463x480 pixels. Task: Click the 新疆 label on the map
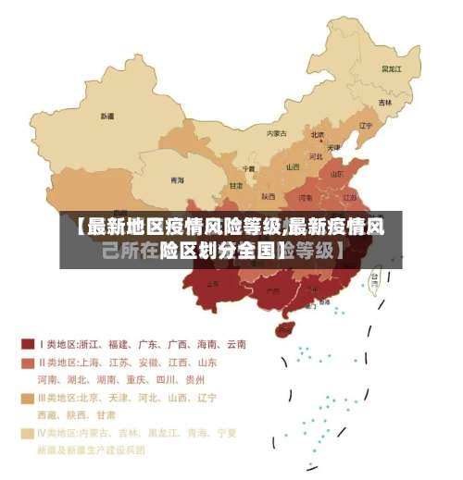coord(107,117)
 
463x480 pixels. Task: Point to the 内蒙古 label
coord(276,133)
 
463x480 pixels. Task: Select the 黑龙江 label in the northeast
coord(392,68)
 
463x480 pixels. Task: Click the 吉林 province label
coord(384,103)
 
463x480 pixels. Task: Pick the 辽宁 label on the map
coord(365,126)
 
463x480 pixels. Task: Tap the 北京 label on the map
coord(318,134)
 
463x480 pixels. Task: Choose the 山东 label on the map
coord(338,174)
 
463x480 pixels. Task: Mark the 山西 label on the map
coord(293,167)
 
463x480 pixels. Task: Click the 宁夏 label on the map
coord(248,168)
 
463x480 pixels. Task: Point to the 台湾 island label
coord(375,276)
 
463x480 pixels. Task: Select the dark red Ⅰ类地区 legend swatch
coord(28,344)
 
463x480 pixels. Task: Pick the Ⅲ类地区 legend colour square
coord(28,398)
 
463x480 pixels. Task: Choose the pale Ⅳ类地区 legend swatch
coord(28,433)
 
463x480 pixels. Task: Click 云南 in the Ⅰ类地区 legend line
coord(235,344)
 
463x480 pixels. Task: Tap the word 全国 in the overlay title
coord(257,250)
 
